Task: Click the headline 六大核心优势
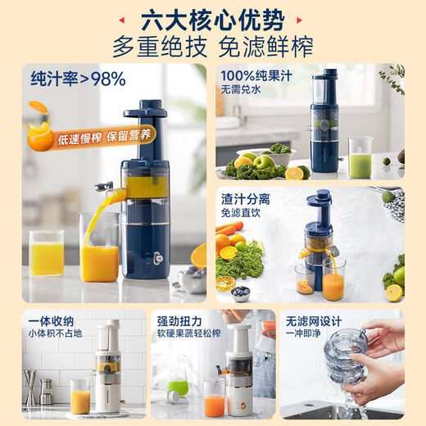(212, 16)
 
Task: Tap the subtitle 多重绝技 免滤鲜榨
(212, 43)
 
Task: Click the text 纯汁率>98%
(78, 79)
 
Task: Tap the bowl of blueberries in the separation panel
(240, 292)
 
